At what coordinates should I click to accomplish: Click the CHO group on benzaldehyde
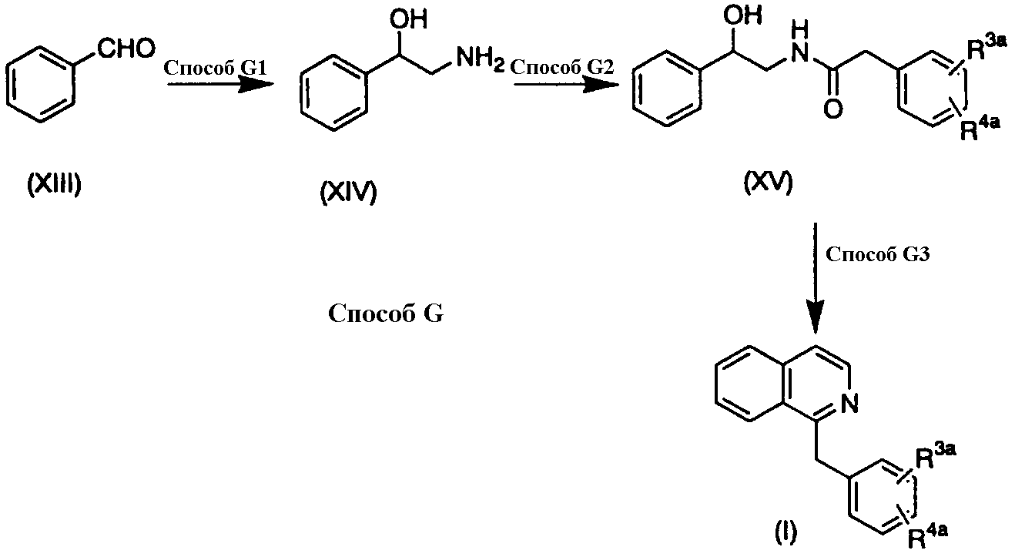point(126,49)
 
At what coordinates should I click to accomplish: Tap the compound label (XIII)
point(54,185)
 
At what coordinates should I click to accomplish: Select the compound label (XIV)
point(348,192)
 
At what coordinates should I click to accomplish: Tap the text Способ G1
point(215,68)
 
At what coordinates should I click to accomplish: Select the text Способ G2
point(562,67)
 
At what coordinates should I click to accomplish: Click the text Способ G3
point(878,254)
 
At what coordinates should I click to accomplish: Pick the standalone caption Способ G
point(386,314)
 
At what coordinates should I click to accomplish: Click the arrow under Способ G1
point(221,84)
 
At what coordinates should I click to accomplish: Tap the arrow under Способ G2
point(566,84)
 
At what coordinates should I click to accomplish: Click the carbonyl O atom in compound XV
point(833,109)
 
